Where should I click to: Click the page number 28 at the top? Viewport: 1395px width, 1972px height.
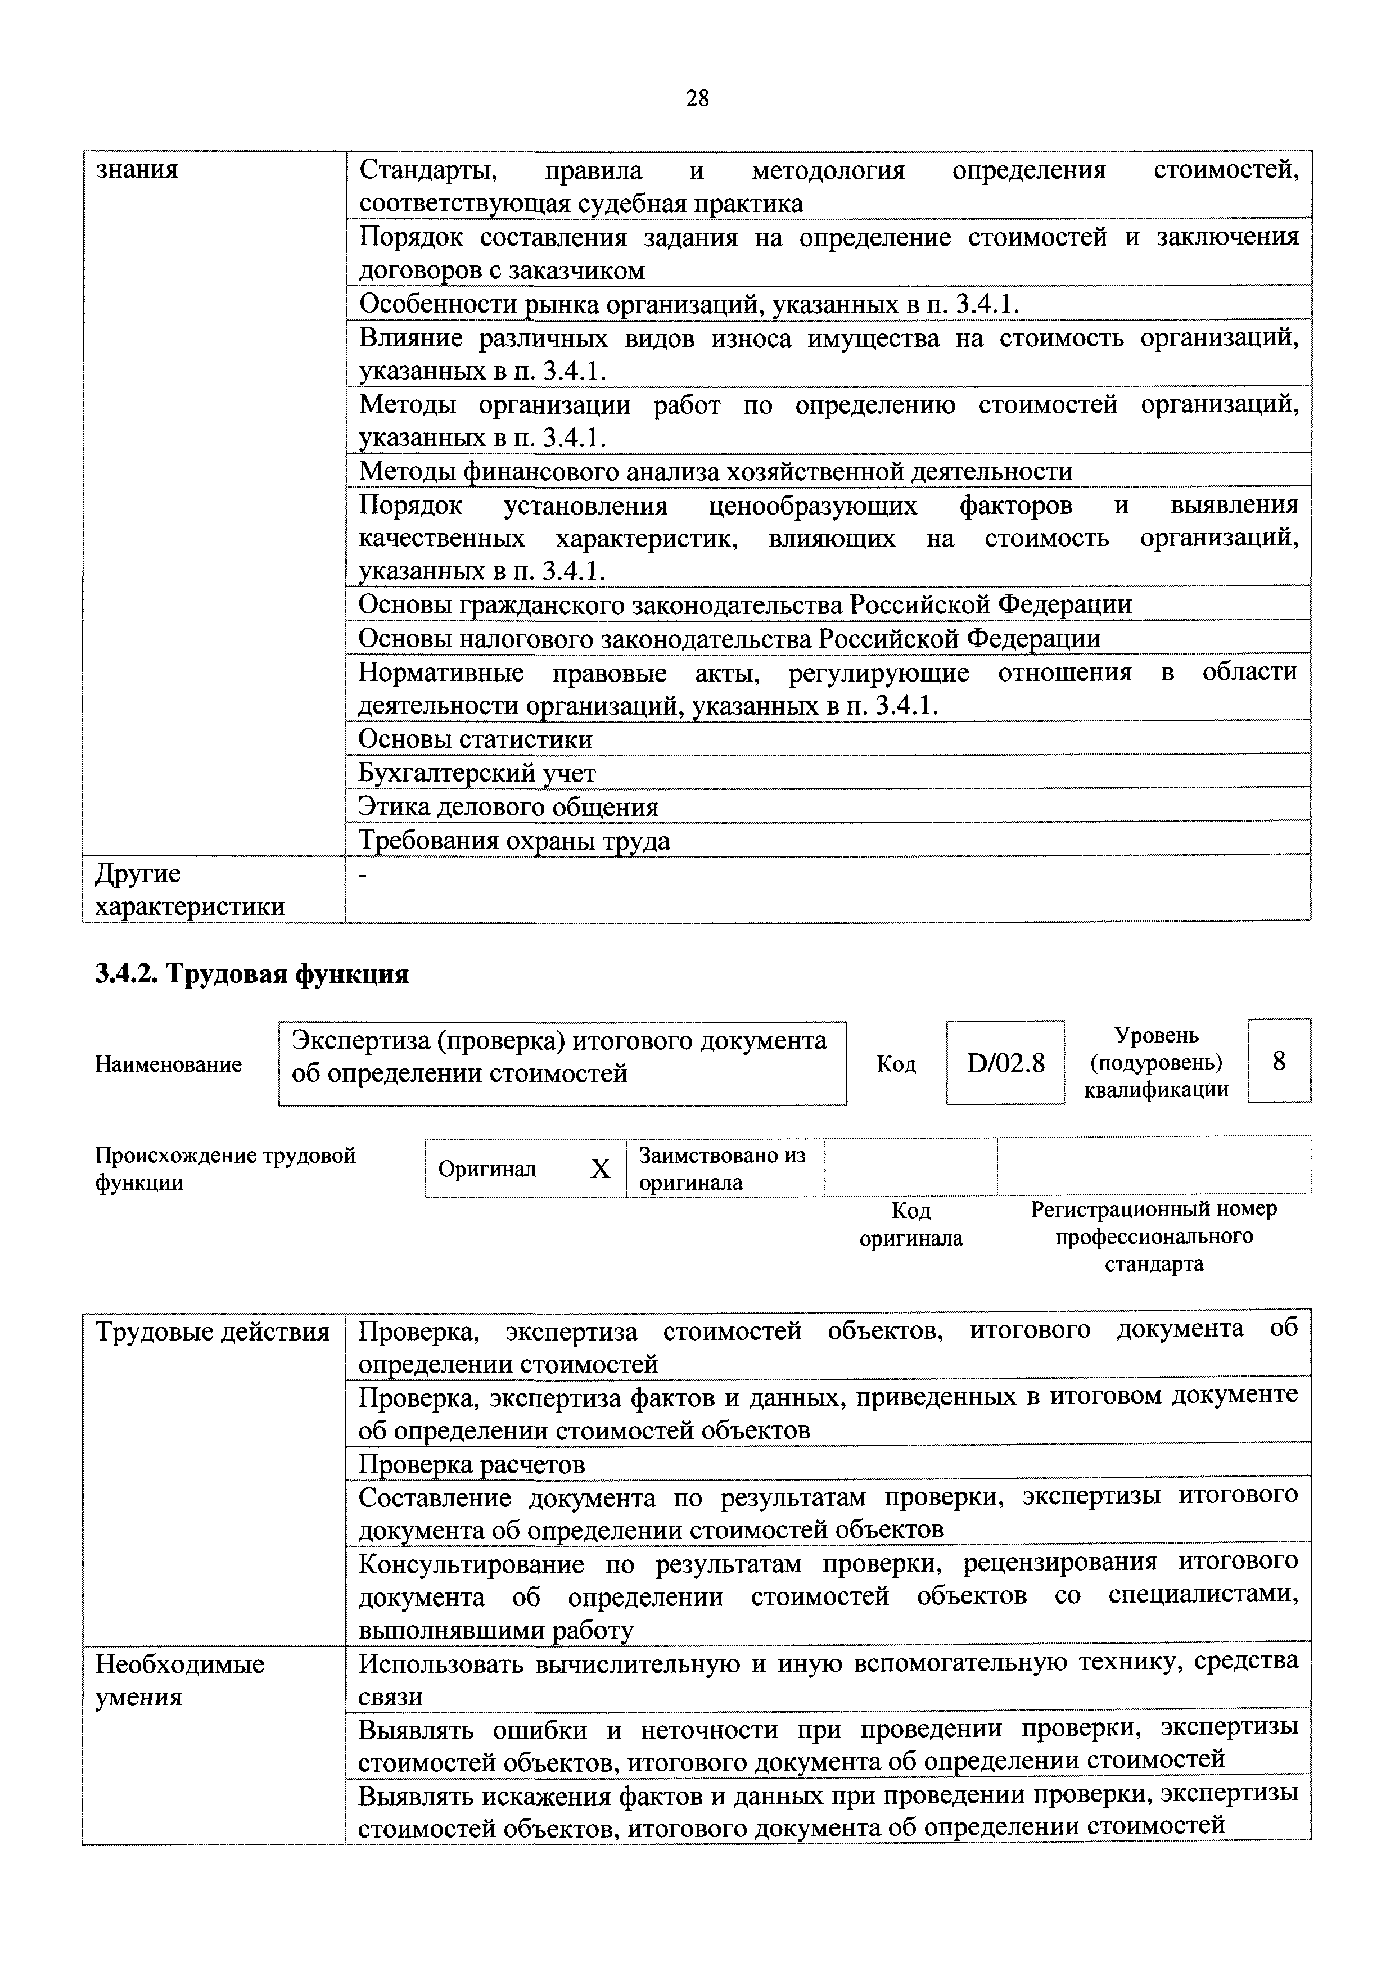coord(697,99)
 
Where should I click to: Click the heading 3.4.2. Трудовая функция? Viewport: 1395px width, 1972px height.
coord(251,974)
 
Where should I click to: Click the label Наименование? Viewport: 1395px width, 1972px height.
coord(168,1064)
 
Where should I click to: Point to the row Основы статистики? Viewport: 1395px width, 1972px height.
coord(475,739)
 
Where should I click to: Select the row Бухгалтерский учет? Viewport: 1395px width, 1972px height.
coord(477,773)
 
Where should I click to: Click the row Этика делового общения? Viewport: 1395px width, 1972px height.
coord(508,806)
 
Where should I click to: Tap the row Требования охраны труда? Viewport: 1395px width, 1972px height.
coord(514,840)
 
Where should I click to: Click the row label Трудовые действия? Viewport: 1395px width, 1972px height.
coord(212,1332)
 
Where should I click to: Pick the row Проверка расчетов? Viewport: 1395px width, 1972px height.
coord(472,1464)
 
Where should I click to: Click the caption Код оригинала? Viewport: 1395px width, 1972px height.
coord(910,1224)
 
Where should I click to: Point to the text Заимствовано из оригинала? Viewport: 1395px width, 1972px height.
coord(721,1169)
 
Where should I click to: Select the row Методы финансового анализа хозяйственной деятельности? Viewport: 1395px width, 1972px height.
coord(715,471)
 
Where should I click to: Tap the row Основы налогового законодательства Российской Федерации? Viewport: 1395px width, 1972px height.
coord(728,638)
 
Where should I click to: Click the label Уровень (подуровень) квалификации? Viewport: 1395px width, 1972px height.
coord(1155,1062)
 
